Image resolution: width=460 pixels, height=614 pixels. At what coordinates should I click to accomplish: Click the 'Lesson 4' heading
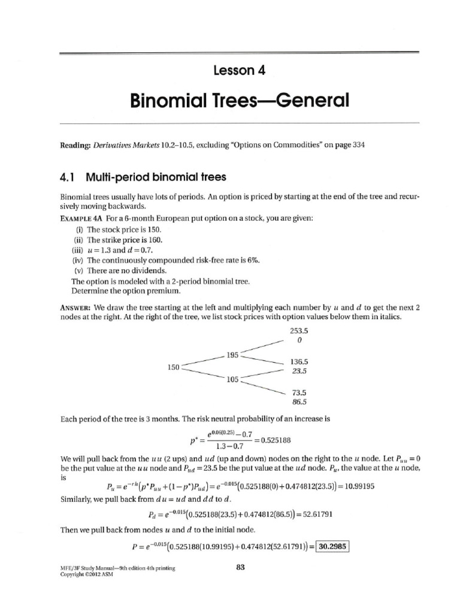pyautogui.click(x=239, y=70)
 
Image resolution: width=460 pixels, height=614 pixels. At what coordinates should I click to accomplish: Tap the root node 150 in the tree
pyautogui.click(x=174, y=366)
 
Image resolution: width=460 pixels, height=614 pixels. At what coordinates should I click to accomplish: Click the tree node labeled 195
pyautogui.click(x=232, y=355)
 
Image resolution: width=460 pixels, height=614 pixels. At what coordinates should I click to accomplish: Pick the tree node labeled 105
pyautogui.click(x=232, y=379)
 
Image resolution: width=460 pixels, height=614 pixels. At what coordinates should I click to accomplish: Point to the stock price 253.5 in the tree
pyautogui.click(x=298, y=330)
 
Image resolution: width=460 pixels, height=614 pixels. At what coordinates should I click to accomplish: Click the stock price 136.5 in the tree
pyautogui.click(x=298, y=362)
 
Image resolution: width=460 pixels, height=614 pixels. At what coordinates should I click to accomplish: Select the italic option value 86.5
pyautogui.click(x=298, y=402)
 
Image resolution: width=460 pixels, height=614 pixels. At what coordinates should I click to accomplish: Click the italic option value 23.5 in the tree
pyautogui.click(x=298, y=371)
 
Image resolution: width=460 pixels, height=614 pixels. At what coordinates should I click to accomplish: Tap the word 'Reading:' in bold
pyautogui.click(x=77, y=145)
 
